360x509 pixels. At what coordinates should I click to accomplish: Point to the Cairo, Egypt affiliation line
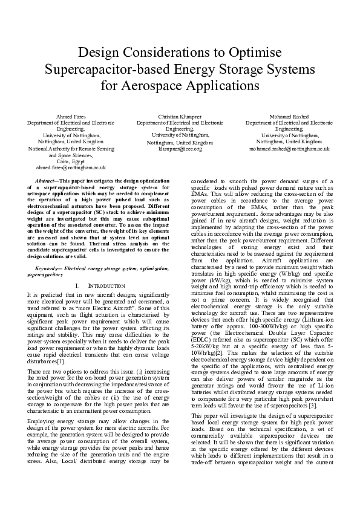(x=71, y=161)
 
